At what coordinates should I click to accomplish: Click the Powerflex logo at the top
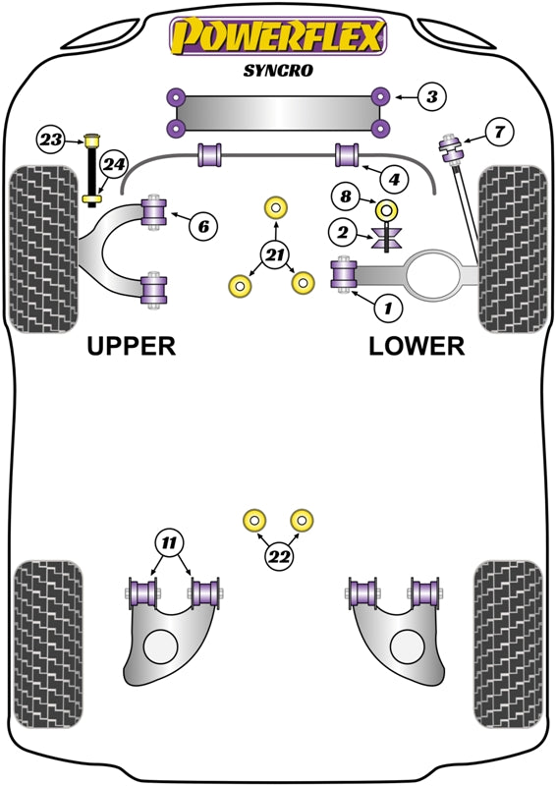pos(278,36)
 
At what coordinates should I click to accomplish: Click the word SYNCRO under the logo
pos(278,70)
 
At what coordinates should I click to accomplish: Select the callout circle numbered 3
pos(431,96)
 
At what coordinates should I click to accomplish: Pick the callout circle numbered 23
pos(51,140)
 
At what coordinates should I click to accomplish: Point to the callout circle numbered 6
pos(202,227)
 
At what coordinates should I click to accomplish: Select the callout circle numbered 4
pos(393,180)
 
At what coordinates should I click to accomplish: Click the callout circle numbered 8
pos(345,196)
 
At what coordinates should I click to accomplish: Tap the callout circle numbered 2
pos(342,233)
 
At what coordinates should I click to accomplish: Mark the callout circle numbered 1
pos(388,309)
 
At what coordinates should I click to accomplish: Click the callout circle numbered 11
pos(169,542)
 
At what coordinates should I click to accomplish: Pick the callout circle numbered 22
pos(279,557)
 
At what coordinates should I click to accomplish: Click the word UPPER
pos(131,346)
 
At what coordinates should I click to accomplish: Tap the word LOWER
pos(417,346)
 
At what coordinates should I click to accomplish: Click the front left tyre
pos(42,250)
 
